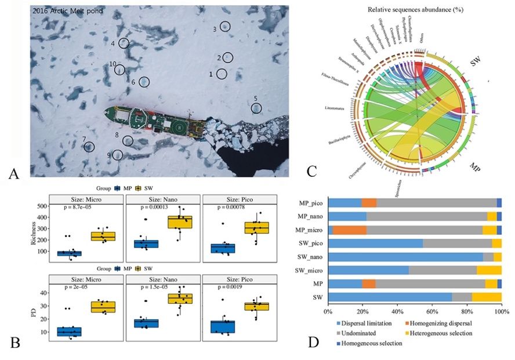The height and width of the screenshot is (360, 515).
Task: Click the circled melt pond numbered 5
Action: click(x=256, y=108)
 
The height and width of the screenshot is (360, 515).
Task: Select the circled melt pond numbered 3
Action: click(x=225, y=26)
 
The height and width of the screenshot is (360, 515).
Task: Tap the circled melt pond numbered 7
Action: click(x=89, y=147)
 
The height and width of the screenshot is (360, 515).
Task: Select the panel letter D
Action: click(x=313, y=342)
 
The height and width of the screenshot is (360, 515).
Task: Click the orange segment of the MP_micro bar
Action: click(x=350, y=230)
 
